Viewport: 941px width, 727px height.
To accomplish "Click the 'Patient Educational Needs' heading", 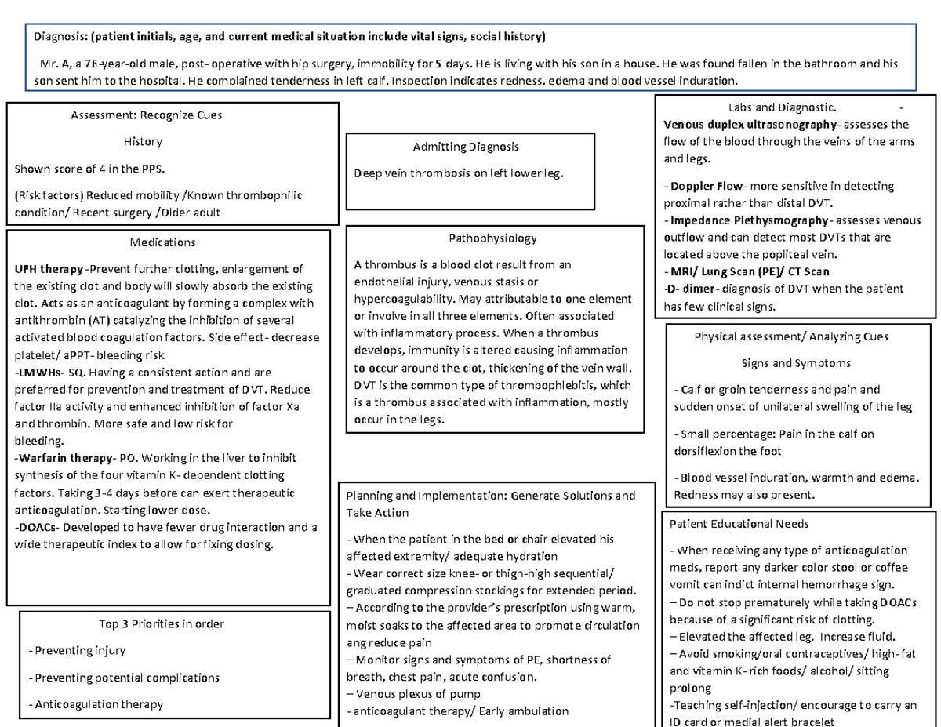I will [739, 523].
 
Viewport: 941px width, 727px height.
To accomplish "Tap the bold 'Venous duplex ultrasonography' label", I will [750, 124].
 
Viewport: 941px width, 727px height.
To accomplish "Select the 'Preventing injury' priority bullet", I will [76, 650].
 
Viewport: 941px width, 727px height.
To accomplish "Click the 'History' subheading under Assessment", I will [143, 141].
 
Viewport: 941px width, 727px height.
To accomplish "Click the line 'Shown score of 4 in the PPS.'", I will [91, 168].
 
